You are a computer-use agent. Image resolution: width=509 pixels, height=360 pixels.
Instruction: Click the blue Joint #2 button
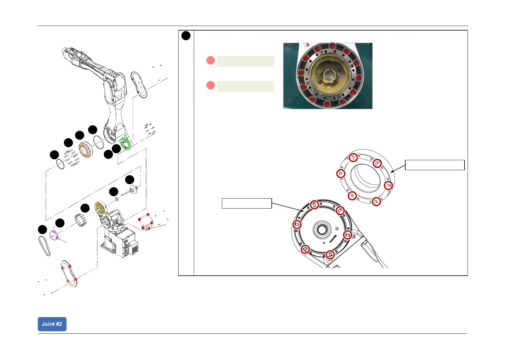coord(52,324)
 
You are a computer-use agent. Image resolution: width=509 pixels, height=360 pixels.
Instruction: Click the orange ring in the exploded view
coord(86,150)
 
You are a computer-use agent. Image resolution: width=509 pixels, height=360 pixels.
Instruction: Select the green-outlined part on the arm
coord(125,143)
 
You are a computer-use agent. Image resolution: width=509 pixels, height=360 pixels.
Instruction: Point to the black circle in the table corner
coord(186,36)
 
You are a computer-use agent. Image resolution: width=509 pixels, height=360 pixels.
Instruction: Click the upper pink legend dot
coord(211,60)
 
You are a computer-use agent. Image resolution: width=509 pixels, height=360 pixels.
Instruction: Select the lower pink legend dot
coord(211,85)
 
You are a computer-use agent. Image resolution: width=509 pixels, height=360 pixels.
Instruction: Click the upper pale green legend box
coord(245,61)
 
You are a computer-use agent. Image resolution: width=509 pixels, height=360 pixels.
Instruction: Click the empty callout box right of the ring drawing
coord(434,165)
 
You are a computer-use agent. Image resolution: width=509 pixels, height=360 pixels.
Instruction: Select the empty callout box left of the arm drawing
coord(247,203)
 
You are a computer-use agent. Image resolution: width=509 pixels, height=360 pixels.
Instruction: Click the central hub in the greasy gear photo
coord(328,75)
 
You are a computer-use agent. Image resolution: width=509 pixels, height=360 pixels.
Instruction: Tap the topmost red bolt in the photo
coord(332,46)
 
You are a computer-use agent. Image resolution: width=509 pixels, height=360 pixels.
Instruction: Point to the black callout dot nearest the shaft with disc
coord(130,180)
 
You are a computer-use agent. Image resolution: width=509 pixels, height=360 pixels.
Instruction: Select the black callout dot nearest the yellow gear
coord(85,208)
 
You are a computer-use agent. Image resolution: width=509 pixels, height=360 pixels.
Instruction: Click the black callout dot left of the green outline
coord(116,149)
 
